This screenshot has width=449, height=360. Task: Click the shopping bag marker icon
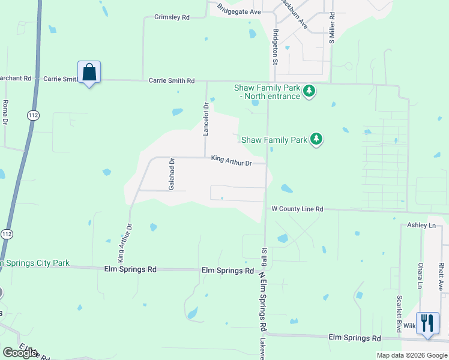pos(89,73)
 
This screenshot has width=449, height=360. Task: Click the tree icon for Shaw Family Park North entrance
pos(309,91)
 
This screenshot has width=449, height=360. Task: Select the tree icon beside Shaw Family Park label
pos(316,139)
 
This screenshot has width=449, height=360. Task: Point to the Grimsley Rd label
pos(172,17)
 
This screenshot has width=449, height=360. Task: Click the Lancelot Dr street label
pos(206,119)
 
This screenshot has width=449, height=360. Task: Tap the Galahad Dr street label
pos(171,175)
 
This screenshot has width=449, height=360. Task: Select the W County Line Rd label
pos(297,209)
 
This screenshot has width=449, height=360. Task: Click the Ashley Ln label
pos(421,225)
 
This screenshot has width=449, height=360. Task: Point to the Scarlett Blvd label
pos(399,314)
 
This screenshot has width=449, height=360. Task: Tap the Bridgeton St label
pos(276,46)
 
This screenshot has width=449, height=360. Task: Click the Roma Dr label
pos(5,112)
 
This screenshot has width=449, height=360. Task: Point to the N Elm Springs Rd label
pos(262,301)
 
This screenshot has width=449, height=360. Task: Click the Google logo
pos(20,353)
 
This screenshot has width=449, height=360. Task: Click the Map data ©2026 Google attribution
pos(412,355)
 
